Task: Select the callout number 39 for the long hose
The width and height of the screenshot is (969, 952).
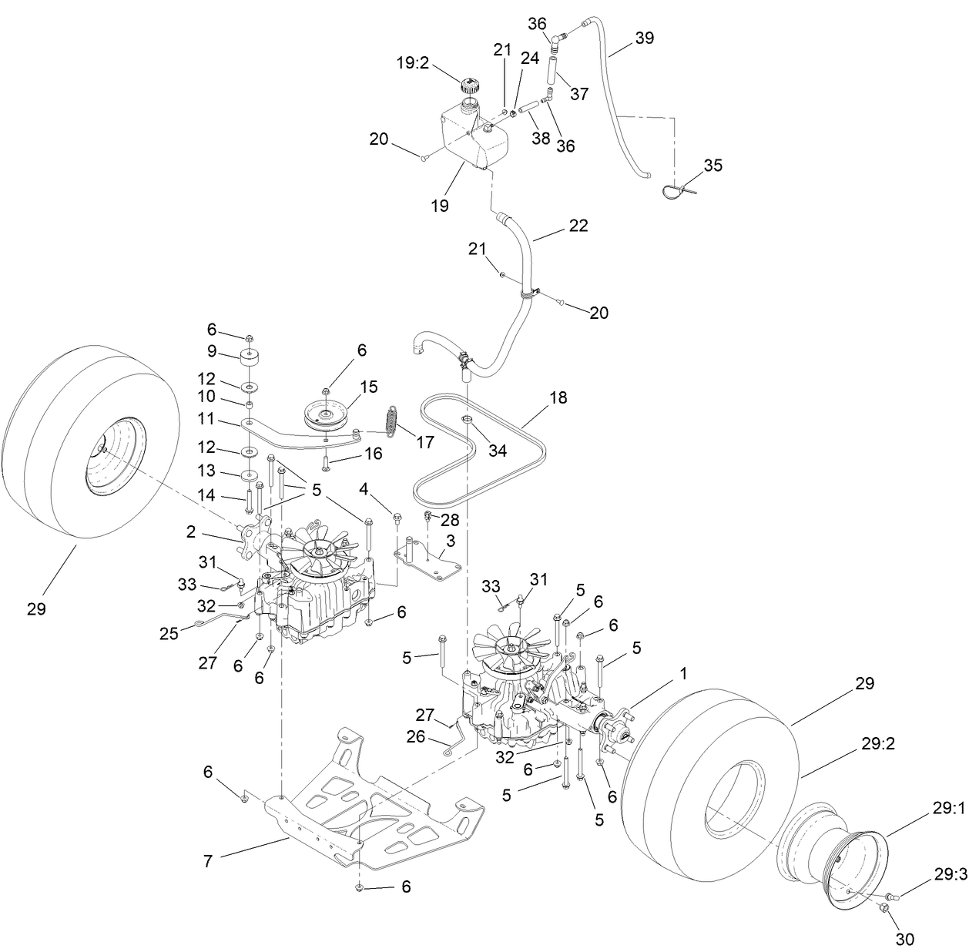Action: (644, 38)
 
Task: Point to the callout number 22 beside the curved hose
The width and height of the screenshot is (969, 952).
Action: (578, 226)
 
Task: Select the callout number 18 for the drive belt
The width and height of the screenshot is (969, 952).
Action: (558, 397)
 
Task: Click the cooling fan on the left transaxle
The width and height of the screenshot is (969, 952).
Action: (317, 548)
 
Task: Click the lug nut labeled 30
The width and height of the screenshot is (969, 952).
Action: (883, 910)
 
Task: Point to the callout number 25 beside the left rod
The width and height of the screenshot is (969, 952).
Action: (169, 633)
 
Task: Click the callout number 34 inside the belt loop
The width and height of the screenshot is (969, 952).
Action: (498, 450)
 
